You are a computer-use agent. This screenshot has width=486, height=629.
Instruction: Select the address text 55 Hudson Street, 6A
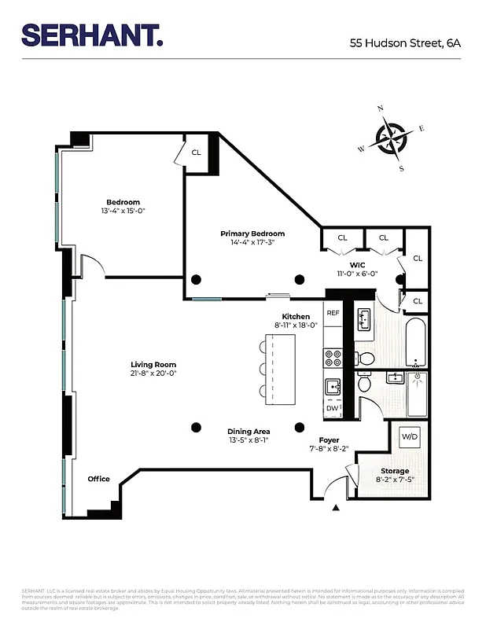click(405, 43)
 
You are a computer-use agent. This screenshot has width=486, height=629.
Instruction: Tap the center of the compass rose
click(391, 139)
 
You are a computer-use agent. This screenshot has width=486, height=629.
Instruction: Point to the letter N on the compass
click(381, 109)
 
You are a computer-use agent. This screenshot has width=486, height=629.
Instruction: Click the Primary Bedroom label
click(252, 234)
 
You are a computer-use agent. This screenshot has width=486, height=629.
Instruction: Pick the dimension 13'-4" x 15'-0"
click(123, 212)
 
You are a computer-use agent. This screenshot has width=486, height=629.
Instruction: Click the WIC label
click(358, 264)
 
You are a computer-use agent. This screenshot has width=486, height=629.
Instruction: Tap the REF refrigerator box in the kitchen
click(333, 312)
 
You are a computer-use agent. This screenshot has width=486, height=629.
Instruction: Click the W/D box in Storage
click(409, 436)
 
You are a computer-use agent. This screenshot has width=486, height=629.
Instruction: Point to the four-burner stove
click(333, 358)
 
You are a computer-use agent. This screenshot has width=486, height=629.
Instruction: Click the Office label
click(99, 479)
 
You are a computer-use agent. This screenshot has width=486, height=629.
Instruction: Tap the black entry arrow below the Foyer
click(336, 509)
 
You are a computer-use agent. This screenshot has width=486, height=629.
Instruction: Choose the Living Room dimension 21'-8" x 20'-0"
click(153, 373)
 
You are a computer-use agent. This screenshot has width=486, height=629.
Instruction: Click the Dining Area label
click(249, 432)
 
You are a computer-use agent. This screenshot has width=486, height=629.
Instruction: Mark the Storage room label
click(395, 471)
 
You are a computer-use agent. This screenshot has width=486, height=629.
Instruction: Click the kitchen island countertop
click(281, 366)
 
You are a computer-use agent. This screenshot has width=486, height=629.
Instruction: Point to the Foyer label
click(329, 440)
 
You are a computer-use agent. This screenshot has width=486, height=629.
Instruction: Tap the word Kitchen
click(296, 316)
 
